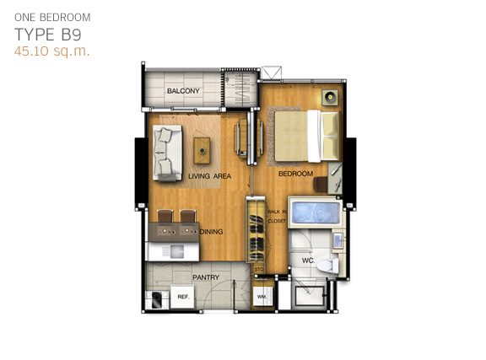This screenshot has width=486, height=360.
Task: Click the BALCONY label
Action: click(183, 91)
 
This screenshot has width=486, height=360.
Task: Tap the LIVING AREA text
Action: click(210, 176)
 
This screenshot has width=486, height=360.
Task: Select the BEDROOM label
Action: click(295, 174)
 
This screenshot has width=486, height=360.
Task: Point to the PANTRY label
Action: click(206, 277)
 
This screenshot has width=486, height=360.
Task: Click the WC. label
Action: click(308, 261)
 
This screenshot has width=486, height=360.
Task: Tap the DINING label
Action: click(212, 232)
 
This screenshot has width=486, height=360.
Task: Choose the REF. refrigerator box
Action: click(183, 297)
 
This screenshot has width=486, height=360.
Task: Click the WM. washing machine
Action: click(262, 297)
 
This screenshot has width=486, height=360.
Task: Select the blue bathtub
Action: click(316, 212)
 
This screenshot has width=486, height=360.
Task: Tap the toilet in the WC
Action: click(328, 266)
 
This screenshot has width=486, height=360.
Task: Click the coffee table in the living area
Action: click(202, 151)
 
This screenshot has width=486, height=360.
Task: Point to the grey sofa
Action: click(167, 153)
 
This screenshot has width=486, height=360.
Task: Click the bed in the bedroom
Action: click(306, 136)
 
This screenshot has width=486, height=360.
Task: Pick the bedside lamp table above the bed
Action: click(331, 98)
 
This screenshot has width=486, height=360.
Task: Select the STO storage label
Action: click(259, 270)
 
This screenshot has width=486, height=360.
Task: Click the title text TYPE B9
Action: click(48, 35)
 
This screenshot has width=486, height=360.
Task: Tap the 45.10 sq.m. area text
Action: click(52, 51)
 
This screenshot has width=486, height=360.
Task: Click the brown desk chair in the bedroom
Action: click(321, 184)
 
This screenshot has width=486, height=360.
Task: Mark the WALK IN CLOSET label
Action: click(277, 216)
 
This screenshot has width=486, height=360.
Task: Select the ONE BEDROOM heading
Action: click(52, 18)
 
